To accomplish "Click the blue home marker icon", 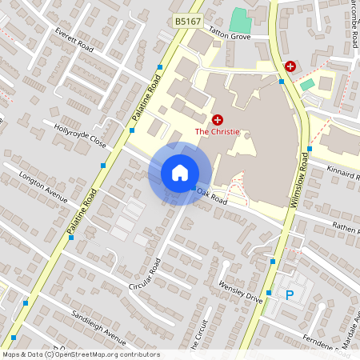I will (180, 173).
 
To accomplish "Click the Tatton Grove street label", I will (230, 36).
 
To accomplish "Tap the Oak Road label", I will (212, 198).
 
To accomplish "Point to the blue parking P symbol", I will (290, 294).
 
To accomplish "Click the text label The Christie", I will (217, 130).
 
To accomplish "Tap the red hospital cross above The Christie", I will (217, 118).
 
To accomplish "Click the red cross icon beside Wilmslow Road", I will (290, 66).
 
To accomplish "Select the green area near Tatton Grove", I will (240, 19).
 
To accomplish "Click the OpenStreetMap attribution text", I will (80, 354).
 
